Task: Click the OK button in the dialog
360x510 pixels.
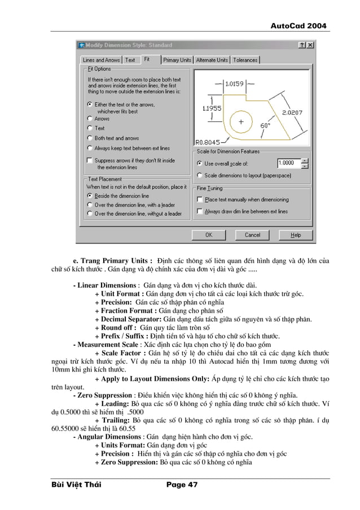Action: coord(208,235)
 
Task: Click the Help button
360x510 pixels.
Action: coord(296,235)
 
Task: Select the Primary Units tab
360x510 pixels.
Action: coord(178,60)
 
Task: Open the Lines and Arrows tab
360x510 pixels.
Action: coord(101,60)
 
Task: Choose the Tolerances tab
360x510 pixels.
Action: coord(245,60)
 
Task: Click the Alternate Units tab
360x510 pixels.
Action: coord(212,60)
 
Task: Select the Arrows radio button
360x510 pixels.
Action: coord(90,119)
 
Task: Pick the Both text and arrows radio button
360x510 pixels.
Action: coord(90,138)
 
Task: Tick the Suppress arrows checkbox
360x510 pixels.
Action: coord(90,160)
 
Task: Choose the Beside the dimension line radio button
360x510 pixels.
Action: coord(90,196)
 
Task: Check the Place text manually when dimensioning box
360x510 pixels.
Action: coord(200,199)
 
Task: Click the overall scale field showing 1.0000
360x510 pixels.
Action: coord(288,163)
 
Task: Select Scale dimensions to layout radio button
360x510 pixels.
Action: coord(200,176)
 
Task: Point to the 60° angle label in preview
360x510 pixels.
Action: coord(265,126)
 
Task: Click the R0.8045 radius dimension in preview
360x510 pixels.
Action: coord(207,142)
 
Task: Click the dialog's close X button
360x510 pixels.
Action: coord(310,45)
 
